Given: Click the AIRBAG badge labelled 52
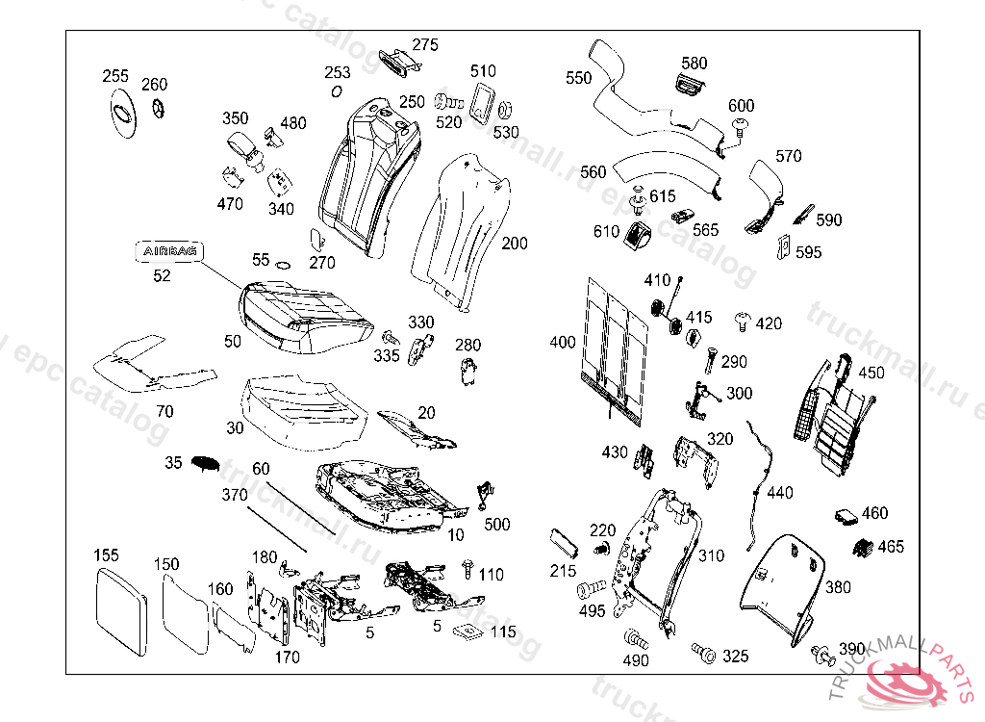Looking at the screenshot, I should tap(169, 251).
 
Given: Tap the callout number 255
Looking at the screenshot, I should tap(115, 76).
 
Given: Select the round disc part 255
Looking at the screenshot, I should tap(123, 113).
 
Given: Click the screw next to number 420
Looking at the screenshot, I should tap(742, 319).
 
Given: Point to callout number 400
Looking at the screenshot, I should tap(563, 343).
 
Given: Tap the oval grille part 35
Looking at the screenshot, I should tap(206, 462).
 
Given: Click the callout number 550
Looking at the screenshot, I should tap(579, 78).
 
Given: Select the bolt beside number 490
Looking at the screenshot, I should tap(634, 638).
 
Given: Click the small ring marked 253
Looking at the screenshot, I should tap(336, 91).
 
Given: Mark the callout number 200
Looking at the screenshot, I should tap(515, 244).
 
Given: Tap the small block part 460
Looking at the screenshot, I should tap(847, 515).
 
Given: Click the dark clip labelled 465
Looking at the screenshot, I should tap(863, 546).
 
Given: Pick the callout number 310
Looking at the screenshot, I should tap(711, 555).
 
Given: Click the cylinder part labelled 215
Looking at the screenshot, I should tap(563, 542).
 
